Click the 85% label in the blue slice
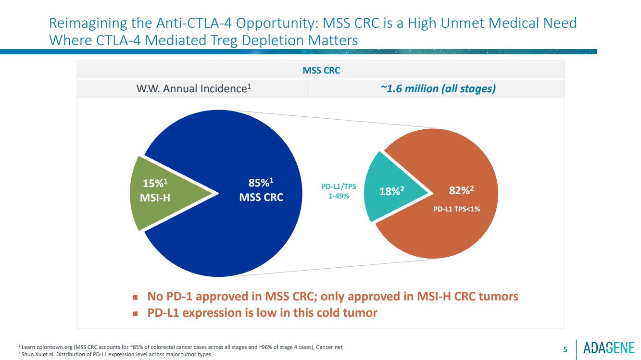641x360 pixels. point(261,183)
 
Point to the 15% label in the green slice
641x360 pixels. point(155,183)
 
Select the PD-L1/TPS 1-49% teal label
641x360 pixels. point(339,191)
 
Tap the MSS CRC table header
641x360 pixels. point(321,71)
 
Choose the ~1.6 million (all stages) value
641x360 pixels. point(437,89)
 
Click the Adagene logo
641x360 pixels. point(609,348)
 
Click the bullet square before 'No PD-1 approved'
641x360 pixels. point(136,297)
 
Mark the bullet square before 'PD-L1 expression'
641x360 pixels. point(136,313)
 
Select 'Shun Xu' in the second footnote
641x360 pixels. point(31,355)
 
